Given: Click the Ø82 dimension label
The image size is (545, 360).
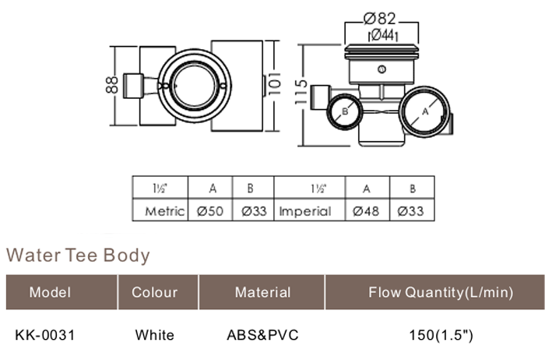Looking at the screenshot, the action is (x=380, y=19).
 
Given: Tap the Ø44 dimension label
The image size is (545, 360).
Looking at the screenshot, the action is (x=382, y=35).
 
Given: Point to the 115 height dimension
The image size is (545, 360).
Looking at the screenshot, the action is (x=301, y=92).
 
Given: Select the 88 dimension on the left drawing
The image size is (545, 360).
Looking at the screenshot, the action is (x=111, y=85).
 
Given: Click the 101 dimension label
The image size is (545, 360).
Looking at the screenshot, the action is (x=274, y=83).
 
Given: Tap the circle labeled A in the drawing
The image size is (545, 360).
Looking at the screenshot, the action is (x=424, y=111).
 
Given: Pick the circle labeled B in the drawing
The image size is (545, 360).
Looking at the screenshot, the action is (x=344, y=111).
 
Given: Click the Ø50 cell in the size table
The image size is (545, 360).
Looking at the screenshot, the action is (x=210, y=211).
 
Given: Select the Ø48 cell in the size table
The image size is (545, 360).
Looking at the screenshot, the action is (x=366, y=211).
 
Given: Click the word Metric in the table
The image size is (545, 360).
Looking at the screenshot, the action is (x=165, y=211).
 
